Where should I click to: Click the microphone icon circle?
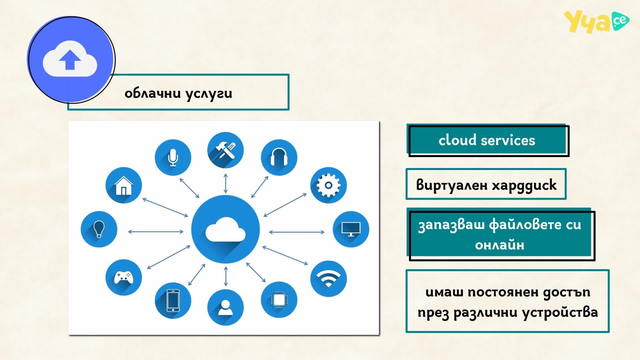coord(173,157)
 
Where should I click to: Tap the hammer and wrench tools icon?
coord(225,150)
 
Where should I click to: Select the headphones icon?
coord(279,157)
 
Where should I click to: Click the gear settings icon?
coord(328,185)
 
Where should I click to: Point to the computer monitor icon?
coord(351,229)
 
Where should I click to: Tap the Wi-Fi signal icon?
coord(328,279)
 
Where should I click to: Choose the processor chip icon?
coord(279,300)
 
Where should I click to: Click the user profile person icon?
coord(225,307)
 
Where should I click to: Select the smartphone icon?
coord(173,300)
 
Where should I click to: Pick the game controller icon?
coord(124,277)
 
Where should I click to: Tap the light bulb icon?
coord(99,229)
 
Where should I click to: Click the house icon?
coord(124,185)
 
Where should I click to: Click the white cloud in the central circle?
coord(225,229)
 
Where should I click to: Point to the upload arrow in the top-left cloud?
coord(70,60)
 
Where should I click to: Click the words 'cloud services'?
coord(487,140)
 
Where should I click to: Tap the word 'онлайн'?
coord(500,245)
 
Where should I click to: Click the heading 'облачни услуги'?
coord(178,94)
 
